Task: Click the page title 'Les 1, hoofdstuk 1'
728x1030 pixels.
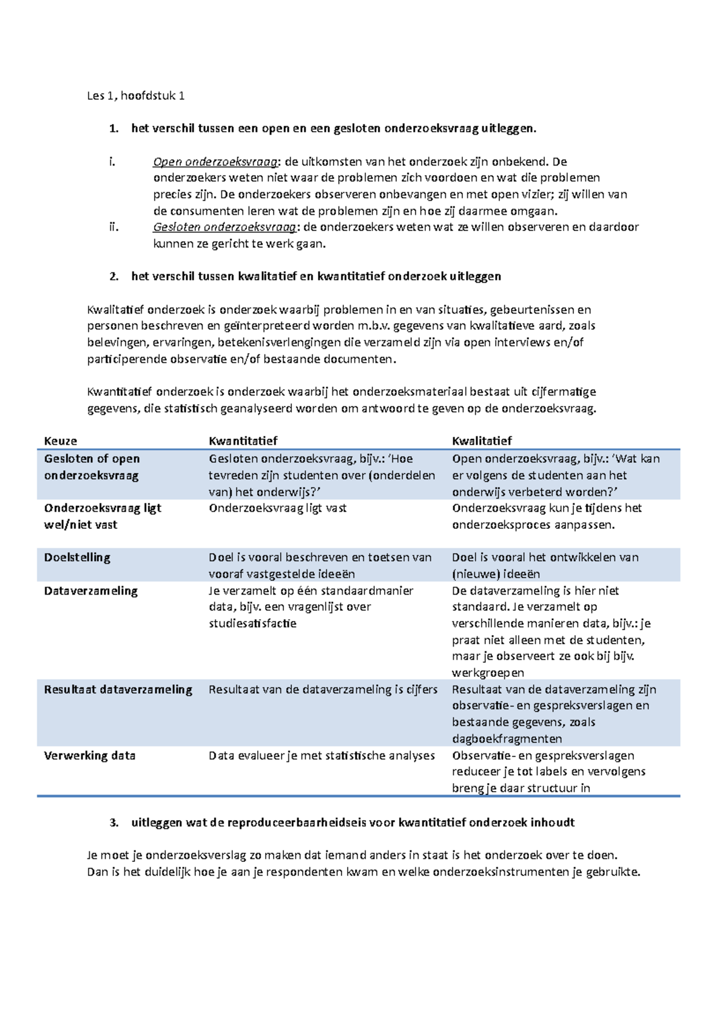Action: [x=135, y=95]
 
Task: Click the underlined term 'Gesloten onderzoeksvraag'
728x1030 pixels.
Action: [x=224, y=227]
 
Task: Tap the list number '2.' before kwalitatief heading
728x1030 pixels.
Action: [x=113, y=277]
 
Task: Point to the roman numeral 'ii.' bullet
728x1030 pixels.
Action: [x=113, y=227]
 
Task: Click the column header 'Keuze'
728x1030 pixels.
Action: [x=60, y=441]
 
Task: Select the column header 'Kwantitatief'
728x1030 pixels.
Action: [x=243, y=441]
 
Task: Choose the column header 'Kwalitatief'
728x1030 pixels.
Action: [x=482, y=441]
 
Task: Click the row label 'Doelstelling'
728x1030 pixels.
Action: [x=77, y=557]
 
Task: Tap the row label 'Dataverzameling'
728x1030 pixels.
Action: [x=90, y=591]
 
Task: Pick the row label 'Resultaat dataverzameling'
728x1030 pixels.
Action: [x=118, y=690]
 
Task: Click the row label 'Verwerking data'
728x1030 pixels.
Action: [x=89, y=756]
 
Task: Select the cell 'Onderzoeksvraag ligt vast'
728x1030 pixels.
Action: [x=277, y=508]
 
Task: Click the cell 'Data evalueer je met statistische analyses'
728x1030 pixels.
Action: [x=322, y=756]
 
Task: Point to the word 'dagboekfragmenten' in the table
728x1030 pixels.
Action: [x=507, y=739]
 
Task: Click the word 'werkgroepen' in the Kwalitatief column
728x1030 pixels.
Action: [x=488, y=673]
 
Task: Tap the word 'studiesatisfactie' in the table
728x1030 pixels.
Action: [x=252, y=624]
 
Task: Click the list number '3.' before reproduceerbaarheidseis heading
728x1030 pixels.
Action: [x=113, y=823]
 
